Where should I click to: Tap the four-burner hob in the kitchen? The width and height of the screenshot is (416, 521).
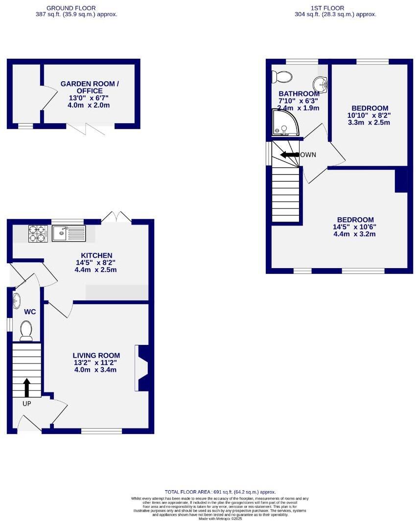click(x=37, y=233)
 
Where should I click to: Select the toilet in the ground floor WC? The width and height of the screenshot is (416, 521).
click(x=25, y=331)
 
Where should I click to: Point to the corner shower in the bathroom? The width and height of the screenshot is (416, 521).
click(x=284, y=122)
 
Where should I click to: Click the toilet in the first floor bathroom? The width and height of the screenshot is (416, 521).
click(x=283, y=77)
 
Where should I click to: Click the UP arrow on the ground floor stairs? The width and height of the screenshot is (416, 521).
click(x=26, y=387)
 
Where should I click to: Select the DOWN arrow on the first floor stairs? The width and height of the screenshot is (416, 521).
click(x=289, y=155)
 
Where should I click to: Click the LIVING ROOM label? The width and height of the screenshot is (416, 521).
click(x=96, y=356)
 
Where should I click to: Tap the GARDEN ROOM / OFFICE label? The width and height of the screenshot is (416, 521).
click(x=90, y=88)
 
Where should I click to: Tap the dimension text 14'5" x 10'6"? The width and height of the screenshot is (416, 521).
click(x=354, y=227)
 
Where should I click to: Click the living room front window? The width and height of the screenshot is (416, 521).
click(x=101, y=431)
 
